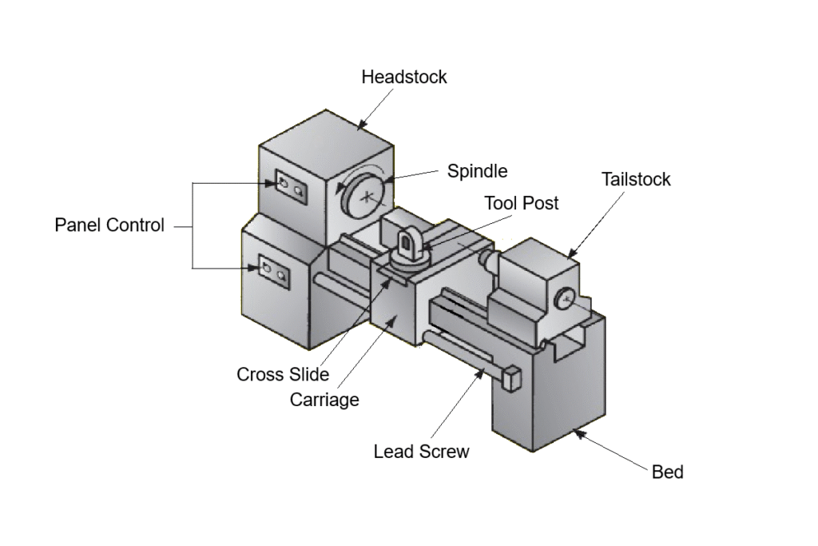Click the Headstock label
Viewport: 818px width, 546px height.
point(403,78)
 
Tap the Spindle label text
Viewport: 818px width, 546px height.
point(477,171)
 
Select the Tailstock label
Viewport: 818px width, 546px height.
point(636,179)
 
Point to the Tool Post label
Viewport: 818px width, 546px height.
point(522,203)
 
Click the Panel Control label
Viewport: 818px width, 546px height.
point(109,225)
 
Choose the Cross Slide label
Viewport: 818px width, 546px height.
point(283,374)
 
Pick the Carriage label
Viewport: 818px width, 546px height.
point(324,400)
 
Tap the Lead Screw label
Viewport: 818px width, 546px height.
point(421,452)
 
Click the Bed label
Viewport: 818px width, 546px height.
point(668,472)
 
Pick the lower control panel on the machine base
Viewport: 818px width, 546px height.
point(272,271)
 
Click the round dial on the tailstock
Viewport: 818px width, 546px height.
point(565,300)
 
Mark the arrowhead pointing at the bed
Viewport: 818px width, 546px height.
point(578,432)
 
